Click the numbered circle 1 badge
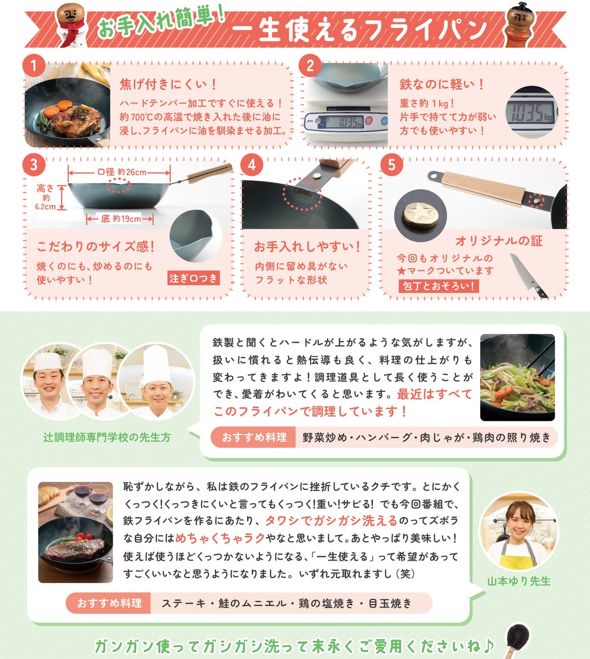[34, 66]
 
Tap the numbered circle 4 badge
[252, 165]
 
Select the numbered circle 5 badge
[391, 165]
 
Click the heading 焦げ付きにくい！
[168, 84]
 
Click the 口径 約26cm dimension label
[122, 172]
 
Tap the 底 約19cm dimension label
[121, 219]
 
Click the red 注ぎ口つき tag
[194, 278]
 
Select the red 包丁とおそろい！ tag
[439, 286]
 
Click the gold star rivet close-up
[420, 216]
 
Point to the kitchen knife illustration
[528, 275]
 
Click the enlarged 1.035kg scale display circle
[532, 112]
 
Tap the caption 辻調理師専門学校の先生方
[107, 437]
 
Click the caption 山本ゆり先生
[519, 581]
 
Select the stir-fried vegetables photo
[517, 377]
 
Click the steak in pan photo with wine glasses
[76, 533]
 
